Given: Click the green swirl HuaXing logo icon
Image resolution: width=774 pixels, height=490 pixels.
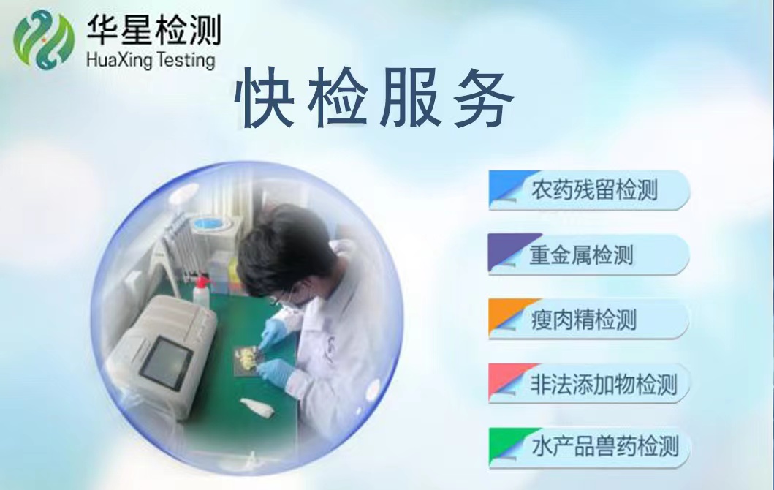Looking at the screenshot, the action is [x=43, y=39].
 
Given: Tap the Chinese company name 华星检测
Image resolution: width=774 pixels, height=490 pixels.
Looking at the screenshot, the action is [x=153, y=29].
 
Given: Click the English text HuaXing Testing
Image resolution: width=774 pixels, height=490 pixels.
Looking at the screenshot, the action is [x=151, y=60].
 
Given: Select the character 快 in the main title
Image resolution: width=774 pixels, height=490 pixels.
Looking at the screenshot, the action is [x=266, y=98].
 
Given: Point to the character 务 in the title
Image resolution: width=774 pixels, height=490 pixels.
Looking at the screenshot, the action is [x=484, y=98].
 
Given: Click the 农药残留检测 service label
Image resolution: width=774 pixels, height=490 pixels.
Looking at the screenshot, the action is [x=594, y=189].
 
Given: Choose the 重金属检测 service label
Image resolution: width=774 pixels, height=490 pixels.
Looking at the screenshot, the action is [x=581, y=255].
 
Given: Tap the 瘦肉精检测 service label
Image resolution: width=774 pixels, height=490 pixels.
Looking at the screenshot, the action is [x=583, y=319].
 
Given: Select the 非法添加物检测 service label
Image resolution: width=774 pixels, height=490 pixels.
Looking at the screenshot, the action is [x=603, y=384].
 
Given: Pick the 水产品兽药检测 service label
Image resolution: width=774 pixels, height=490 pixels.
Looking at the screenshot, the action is [x=604, y=447].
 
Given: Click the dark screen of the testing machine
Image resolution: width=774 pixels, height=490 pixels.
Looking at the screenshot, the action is [x=164, y=362].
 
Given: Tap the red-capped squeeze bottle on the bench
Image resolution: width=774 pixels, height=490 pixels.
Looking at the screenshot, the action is [x=200, y=293].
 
